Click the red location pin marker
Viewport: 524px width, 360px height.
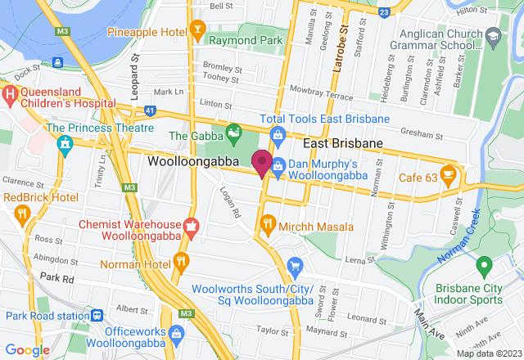pyautogui.click(x=262, y=162)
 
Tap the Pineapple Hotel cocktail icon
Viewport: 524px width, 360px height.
pyautogui.click(x=197, y=32)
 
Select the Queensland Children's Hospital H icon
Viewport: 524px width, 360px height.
pyautogui.click(x=9, y=94)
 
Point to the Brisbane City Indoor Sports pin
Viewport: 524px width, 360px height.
pyautogui.click(x=484, y=266)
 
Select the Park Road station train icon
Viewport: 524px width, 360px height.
pyautogui.click(x=97, y=316)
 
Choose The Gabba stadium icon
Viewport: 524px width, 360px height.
pyautogui.click(x=233, y=131)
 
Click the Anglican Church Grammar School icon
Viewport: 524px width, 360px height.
pyautogui.click(x=493, y=36)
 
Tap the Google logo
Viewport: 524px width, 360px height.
pyautogui.click(x=28, y=349)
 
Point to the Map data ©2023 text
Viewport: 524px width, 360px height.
pyautogui.click(x=488, y=353)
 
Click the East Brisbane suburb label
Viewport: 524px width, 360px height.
pyautogui.click(x=343, y=144)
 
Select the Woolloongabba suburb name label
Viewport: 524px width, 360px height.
pyautogui.click(x=187, y=162)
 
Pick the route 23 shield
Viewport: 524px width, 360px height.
pyautogui.click(x=383, y=11)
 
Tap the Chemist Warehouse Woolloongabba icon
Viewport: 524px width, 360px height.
pyautogui.click(x=192, y=224)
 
